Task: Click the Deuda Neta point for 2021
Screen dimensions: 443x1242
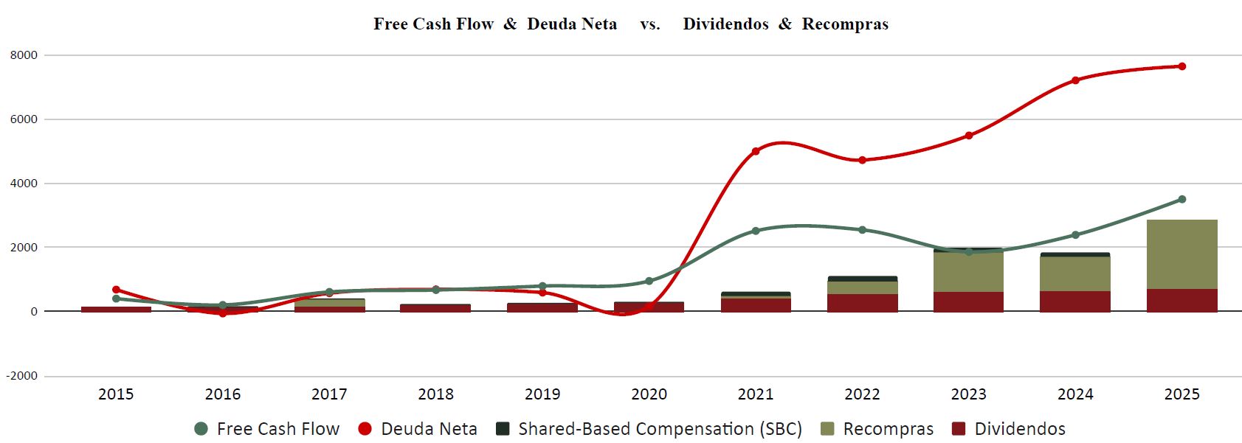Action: click(756, 151)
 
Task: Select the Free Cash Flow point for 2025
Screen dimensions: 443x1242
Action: click(1181, 199)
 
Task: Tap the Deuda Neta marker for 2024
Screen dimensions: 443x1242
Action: click(1075, 80)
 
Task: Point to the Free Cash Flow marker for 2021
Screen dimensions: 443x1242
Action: click(756, 231)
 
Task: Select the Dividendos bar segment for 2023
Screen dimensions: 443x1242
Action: click(968, 301)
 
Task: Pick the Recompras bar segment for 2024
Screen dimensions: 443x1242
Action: click(1075, 273)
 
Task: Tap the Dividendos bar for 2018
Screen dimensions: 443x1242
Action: click(435, 308)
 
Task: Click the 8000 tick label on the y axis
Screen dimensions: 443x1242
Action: click(24, 55)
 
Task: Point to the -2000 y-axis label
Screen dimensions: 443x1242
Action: click(22, 376)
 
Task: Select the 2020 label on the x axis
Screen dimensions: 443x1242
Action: click(649, 394)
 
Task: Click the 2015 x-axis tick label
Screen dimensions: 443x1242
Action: click(116, 394)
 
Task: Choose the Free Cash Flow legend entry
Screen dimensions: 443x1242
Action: click(266, 429)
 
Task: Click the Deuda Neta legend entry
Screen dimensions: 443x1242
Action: click(417, 429)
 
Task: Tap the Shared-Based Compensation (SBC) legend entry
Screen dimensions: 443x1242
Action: click(649, 429)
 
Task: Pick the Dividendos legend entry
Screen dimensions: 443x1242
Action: click(1009, 429)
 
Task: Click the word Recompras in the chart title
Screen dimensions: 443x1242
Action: click(845, 24)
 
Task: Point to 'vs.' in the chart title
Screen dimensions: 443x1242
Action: click(649, 24)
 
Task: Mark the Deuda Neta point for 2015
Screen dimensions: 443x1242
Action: click(116, 290)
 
